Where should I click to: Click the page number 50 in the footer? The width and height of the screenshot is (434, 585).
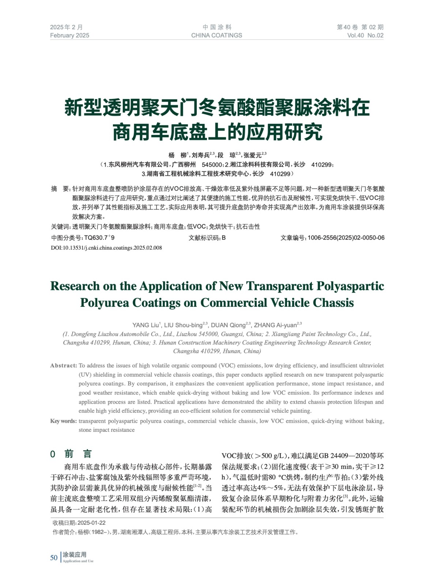54,557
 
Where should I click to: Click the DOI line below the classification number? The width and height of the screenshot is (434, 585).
106,248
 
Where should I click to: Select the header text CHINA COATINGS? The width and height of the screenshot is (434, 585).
216,35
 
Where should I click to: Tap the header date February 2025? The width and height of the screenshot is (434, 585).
69,35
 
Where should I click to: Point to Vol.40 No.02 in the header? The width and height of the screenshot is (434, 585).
365,35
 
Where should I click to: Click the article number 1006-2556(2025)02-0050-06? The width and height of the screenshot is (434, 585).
346,238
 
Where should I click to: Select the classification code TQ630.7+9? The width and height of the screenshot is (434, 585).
99,238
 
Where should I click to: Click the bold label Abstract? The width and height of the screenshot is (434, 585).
64,366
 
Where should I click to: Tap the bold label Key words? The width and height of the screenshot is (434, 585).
63,421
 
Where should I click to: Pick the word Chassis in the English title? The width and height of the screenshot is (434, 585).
331,303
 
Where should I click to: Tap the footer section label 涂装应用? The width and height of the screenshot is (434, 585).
75,555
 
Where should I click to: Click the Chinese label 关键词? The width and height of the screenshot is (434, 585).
60,227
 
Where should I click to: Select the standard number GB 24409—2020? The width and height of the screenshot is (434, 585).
347,456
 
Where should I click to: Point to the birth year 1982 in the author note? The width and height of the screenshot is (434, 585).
97,532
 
